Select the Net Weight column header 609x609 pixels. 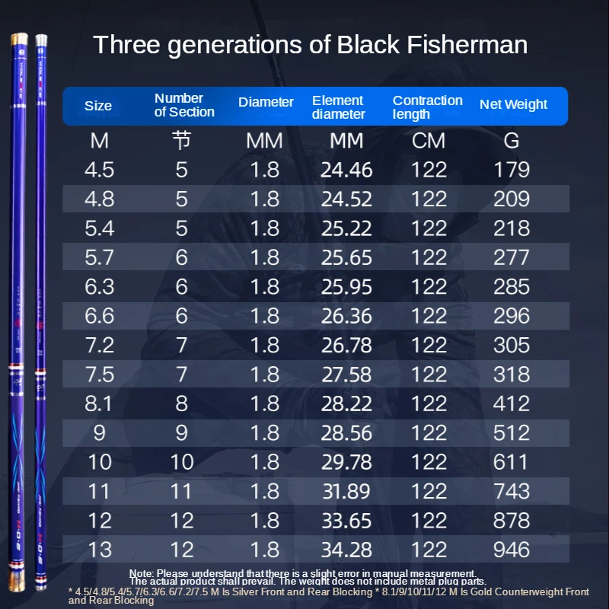(513, 105)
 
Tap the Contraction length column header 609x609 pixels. (427, 107)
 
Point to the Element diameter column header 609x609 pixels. (339, 107)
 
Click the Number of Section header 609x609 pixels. (184, 105)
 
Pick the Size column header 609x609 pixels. (98, 106)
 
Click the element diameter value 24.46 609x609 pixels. (346, 170)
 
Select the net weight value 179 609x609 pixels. (511, 170)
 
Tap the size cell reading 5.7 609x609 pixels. (100, 257)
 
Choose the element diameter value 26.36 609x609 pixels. (346, 316)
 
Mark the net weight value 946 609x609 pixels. (511, 549)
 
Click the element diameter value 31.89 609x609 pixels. (346, 491)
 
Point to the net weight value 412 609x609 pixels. (511, 403)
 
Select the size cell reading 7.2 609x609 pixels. (100, 345)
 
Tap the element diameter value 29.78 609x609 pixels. (346, 462)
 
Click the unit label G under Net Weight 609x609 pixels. (511, 141)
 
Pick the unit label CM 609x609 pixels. (429, 141)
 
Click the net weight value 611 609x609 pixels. (511, 462)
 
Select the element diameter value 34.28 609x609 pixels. (346, 549)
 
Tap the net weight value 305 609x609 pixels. (511, 345)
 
